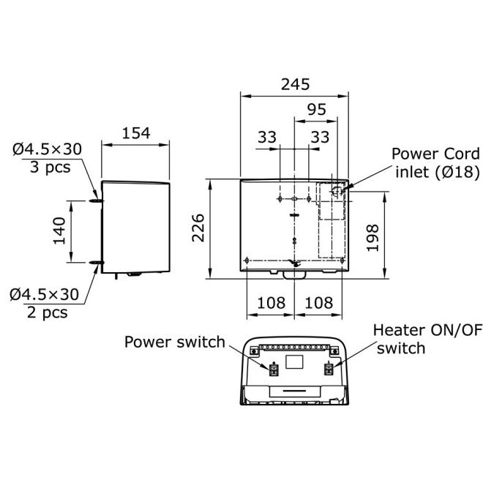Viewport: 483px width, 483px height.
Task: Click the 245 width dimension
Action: [x=295, y=83]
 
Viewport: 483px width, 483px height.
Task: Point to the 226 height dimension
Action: [x=196, y=227]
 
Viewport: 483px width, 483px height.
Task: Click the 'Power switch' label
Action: [x=174, y=342]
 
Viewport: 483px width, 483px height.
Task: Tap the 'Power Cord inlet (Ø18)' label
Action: [x=435, y=163]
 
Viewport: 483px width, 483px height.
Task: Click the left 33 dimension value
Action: [x=268, y=136]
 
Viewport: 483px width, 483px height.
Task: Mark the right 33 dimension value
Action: [x=320, y=136]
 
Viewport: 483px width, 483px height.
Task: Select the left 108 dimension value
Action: [x=270, y=302]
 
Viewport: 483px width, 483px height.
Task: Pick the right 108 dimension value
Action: [x=318, y=302]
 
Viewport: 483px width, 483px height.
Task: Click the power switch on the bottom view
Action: [x=274, y=369]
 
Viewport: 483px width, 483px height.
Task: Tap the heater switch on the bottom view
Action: [x=329, y=369]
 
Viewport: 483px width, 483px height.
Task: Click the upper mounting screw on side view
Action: [x=96, y=198]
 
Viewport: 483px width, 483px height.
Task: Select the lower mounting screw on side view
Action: [x=96, y=262]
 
